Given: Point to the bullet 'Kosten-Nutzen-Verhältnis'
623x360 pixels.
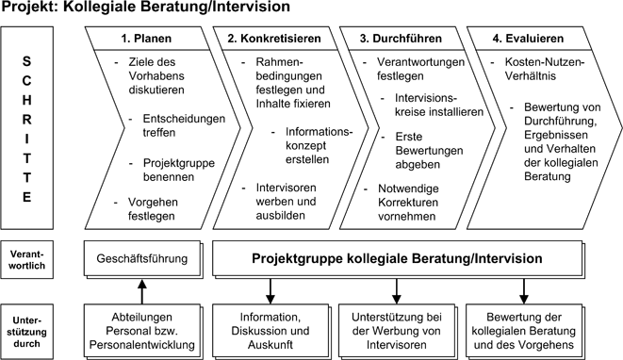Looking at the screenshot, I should click(x=542, y=68).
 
